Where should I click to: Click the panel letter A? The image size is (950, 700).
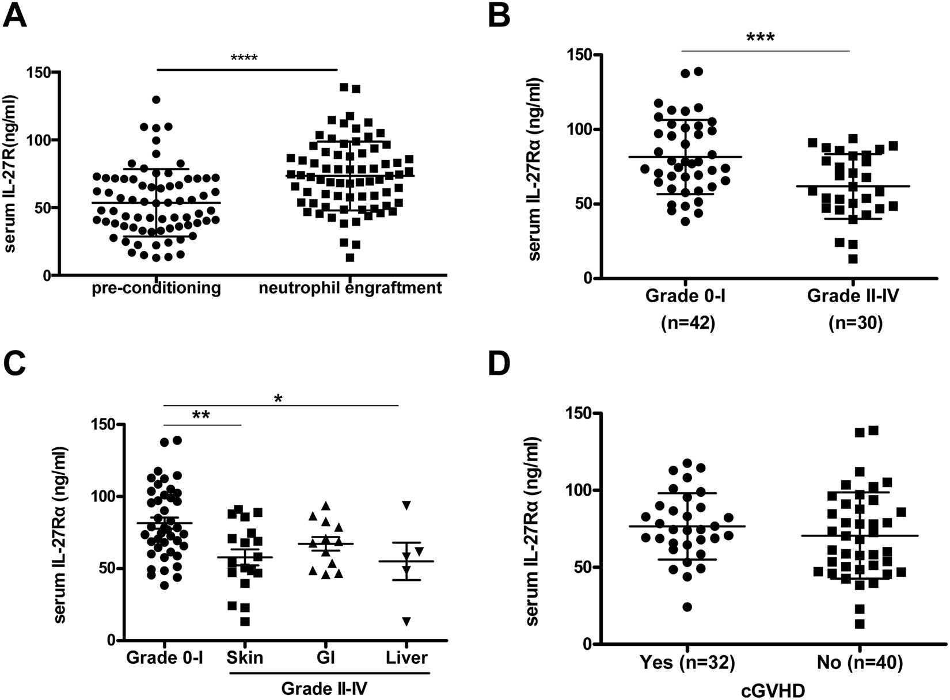(x=16, y=16)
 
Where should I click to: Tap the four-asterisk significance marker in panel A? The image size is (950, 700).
(x=244, y=58)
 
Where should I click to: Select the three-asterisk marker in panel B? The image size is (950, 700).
(x=760, y=39)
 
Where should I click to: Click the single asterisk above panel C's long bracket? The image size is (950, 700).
(x=279, y=398)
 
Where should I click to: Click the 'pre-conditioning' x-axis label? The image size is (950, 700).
(x=156, y=288)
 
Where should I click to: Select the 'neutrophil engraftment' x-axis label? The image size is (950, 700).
(x=350, y=288)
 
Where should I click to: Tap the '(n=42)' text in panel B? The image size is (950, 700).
(x=687, y=323)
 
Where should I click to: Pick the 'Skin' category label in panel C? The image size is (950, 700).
(x=245, y=657)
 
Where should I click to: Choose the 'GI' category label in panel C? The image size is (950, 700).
(x=327, y=657)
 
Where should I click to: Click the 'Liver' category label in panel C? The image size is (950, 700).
(x=407, y=657)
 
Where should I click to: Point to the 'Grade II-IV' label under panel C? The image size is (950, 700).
(x=324, y=688)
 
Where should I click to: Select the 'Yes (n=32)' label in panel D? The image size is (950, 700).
(x=687, y=663)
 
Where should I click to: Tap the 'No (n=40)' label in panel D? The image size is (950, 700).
(x=860, y=663)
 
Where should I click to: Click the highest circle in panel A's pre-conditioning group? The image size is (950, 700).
(x=156, y=100)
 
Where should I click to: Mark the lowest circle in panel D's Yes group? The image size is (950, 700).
(x=687, y=607)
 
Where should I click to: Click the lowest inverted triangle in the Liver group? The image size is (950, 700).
(x=407, y=622)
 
